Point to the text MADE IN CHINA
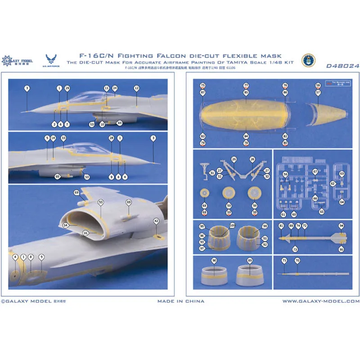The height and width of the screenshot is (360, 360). [x=180, y=301]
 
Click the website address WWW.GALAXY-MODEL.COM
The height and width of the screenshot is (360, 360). [x=321, y=301]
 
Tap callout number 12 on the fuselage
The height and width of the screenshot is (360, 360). [x=136, y=89]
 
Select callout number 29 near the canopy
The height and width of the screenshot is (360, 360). [x=67, y=88]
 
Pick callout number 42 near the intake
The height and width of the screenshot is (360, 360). [x=156, y=221]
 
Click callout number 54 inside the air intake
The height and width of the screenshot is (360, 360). [x=66, y=225]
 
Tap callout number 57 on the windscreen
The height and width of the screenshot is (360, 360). [x=318, y=92]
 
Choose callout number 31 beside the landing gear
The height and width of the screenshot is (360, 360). [x=212, y=173]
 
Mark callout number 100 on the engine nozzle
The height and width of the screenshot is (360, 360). [x=232, y=225]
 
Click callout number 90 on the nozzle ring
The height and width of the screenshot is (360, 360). [x=214, y=261]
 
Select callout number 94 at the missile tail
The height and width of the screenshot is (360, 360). [x=341, y=225]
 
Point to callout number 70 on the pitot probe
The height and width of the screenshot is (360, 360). [x=297, y=261]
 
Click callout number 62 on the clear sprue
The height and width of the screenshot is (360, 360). [x=333, y=184]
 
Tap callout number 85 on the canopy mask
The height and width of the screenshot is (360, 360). [x=246, y=92]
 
